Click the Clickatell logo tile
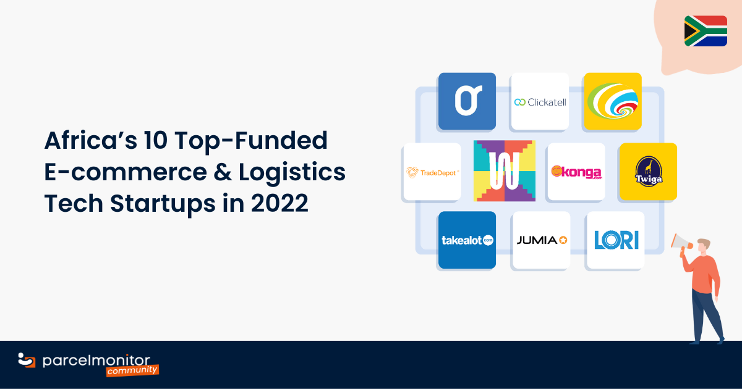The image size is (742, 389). (539, 101)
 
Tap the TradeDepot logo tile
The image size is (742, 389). (432, 172)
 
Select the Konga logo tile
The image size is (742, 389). (576, 172)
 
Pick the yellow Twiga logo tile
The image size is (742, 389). (647, 172)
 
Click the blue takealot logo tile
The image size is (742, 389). (467, 240)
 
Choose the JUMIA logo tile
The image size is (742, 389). (541, 240)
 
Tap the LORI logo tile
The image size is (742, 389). (615, 240)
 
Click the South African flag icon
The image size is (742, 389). (706, 31)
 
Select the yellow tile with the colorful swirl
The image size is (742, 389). (613, 101)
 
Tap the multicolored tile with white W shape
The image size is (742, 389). (504, 171)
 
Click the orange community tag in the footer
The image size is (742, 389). (132, 370)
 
